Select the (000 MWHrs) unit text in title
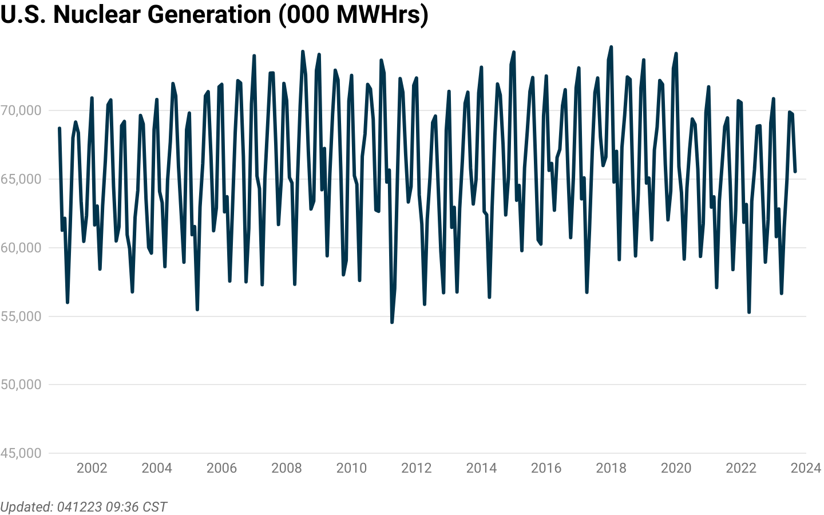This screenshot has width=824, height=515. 354,14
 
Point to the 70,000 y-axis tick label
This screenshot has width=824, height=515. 21,110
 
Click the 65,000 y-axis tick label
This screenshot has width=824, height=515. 21,179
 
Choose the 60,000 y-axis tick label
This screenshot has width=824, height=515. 21,248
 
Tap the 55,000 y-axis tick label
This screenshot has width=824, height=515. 21,316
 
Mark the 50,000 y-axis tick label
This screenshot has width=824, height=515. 21,385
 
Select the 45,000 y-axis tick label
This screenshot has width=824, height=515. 21,453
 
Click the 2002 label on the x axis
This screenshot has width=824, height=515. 92,468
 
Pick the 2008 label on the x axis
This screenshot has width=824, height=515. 286,468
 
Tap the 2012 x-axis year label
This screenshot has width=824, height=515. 416,468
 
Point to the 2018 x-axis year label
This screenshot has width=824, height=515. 611,468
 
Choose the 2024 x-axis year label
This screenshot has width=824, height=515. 806,468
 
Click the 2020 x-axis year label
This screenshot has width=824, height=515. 676,468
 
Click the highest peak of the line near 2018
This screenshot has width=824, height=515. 611,47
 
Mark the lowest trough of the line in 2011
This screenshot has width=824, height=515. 392,323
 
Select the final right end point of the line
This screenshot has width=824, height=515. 795,171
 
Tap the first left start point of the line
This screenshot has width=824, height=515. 60,128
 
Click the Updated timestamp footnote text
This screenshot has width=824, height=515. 84,507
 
